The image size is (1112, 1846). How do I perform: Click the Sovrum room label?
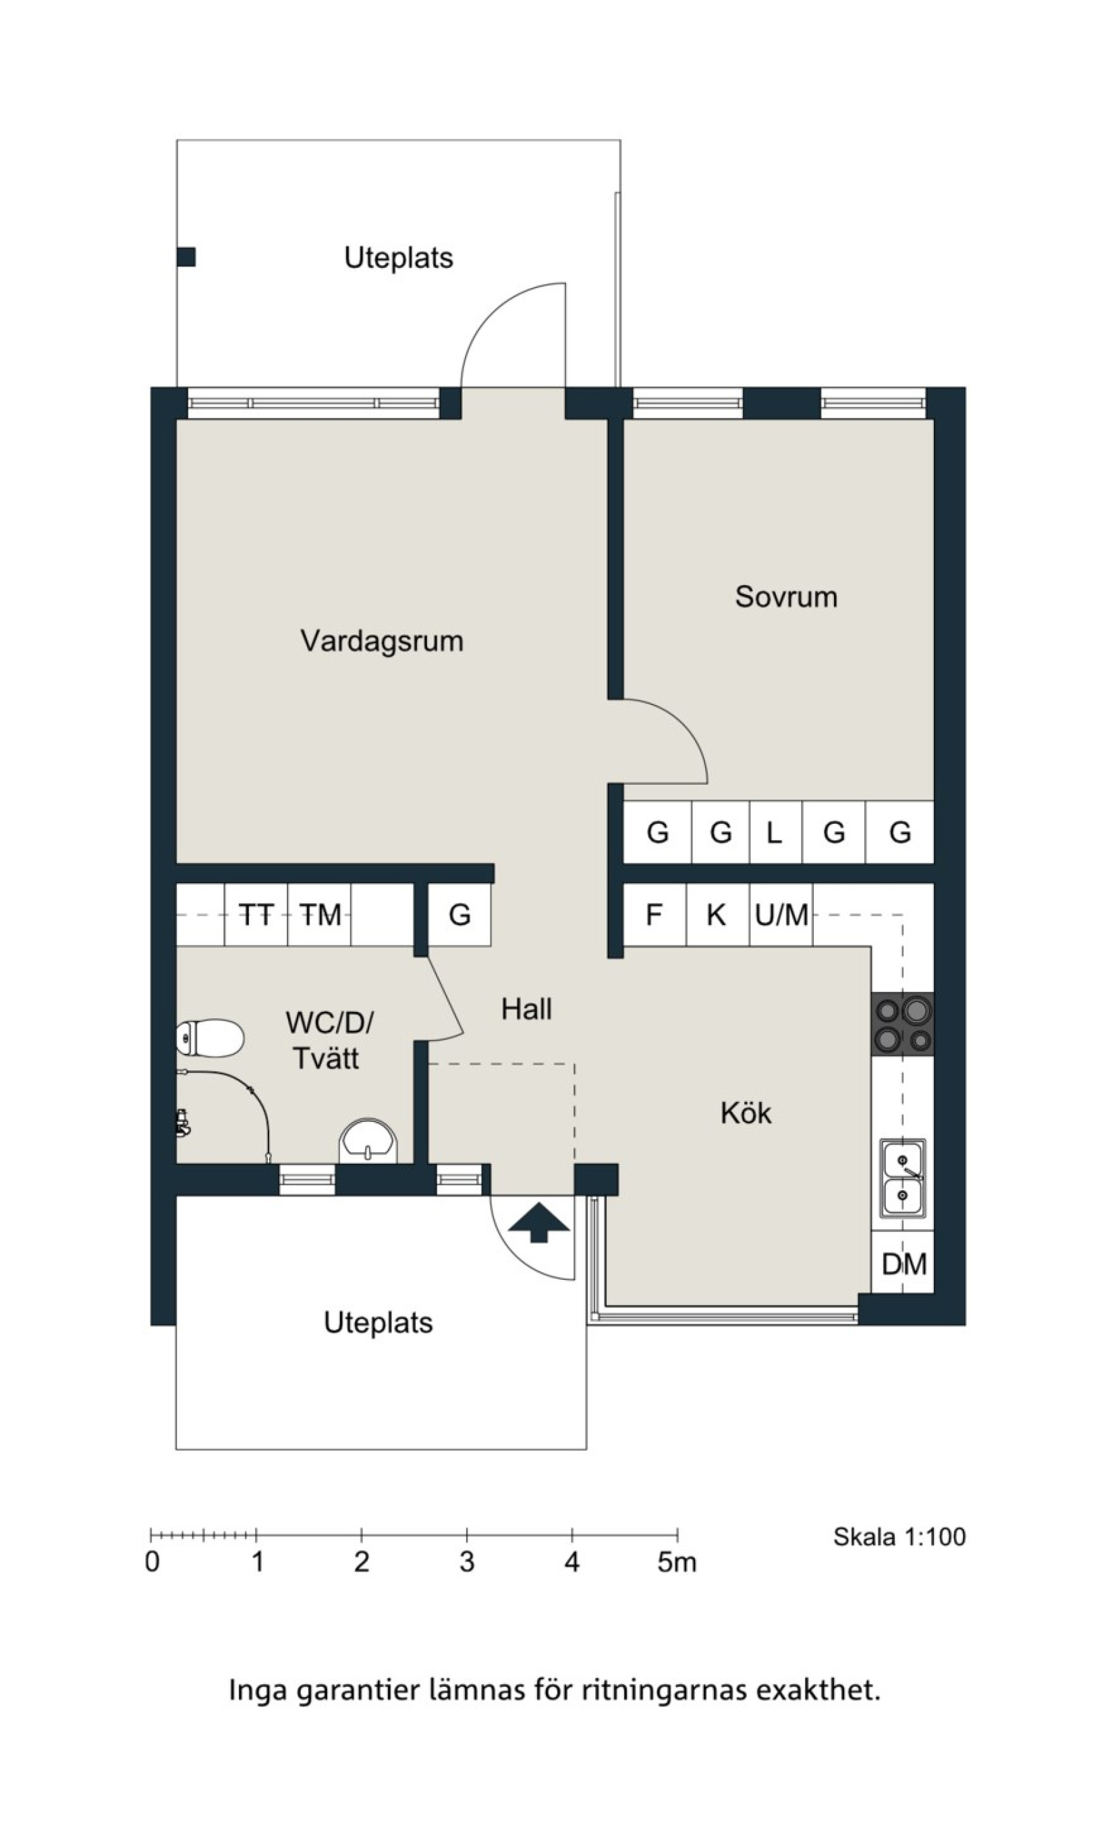click(786, 597)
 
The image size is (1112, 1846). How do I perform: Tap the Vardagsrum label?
click(382, 641)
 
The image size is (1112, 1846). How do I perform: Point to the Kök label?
click(746, 1113)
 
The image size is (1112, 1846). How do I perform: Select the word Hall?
click(527, 1009)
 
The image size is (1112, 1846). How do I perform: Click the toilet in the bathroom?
click(211, 1038)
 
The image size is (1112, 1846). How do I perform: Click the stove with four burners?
click(902, 1024)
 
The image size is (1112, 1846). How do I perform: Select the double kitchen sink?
click(902, 1179)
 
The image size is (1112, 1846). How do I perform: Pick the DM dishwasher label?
click(904, 1264)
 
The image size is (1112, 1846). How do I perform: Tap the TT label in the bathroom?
click(256, 915)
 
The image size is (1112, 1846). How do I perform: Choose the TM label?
click(320, 915)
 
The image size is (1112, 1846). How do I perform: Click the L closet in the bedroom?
click(775, 833)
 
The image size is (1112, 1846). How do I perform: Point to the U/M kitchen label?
click(781, 915)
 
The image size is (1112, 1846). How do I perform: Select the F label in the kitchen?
click(654, 915)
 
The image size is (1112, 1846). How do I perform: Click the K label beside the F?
click(717, 915)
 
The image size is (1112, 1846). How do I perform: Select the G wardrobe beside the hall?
click(460, 915)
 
